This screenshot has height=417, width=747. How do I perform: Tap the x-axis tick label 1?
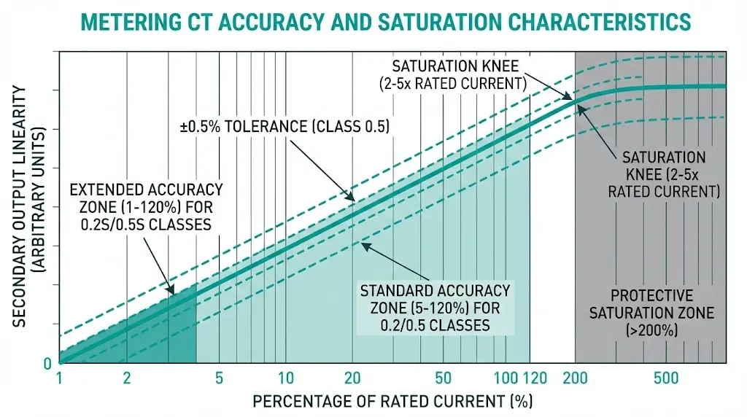pyautogui.click(x=60, y=378)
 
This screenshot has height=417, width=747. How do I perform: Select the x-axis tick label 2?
pyautogui.click(x=127, y=378)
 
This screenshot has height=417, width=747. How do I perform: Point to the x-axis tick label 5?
pyautogui.click(x=219, y=378)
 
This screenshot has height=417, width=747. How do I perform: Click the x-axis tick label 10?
pyautogui.click(x=286, y=378)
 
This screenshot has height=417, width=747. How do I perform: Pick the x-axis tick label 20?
pyautogui.click(x=353, y=378)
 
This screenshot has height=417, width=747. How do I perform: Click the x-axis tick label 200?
pyautogui.click(x=575, y=378)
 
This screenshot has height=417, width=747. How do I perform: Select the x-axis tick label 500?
pyautogui.click(x=666, y=378)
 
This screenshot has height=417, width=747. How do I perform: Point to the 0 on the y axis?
pyautogui.click(x=47, y=362)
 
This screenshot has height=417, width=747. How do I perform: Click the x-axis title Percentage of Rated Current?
pyautogui.click(x=392, y=401)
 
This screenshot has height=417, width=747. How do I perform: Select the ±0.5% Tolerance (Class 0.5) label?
pyautogui.click(x=285, y=126)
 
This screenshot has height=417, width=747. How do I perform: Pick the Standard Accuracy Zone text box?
pyautogui.click(x=435, y=308)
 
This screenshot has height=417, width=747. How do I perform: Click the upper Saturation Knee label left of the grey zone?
pyautogui.click(x=452, y=74)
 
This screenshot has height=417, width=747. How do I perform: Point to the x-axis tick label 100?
pyautogui.click(x=505, y=378)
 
